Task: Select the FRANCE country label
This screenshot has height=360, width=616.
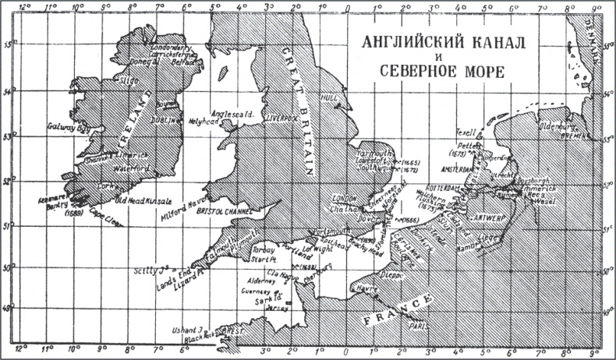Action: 395,309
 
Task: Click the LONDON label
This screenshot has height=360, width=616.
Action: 344,198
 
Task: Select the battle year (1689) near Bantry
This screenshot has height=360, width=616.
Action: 75,214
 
